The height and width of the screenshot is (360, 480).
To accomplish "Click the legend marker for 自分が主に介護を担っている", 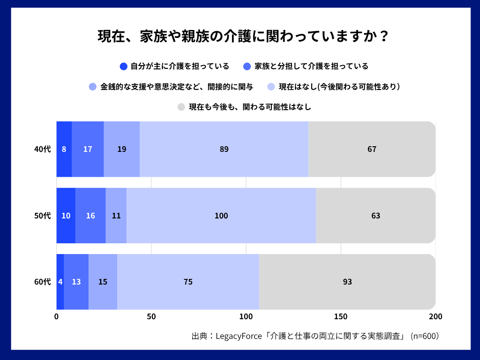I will coord(124,66).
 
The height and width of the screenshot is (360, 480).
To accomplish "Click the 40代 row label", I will coord(42,149).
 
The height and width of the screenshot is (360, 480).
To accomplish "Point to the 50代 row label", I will coord(42,216).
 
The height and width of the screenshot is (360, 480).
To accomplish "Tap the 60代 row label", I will coord(42,282).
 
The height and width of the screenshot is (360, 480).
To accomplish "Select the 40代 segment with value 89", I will coord(224,149).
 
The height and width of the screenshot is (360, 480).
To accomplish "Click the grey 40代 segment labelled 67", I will coord(372,149).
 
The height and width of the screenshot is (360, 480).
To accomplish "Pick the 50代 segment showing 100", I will coord(221,216).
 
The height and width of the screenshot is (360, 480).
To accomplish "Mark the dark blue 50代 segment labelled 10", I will coord(66,216).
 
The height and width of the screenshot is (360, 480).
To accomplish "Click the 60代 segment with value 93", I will coord(347,282).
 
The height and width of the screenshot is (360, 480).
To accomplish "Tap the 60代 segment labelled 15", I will coord(103,282).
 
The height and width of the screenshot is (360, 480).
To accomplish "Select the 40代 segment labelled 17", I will coord(88,149).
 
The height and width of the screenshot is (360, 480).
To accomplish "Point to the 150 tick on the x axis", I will coord(341,316).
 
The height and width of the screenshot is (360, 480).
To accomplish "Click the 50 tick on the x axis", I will coord(151,316).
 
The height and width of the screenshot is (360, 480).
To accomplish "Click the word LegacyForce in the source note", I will coord(240,336).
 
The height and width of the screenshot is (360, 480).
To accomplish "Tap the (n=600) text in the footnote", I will coord(425,336).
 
